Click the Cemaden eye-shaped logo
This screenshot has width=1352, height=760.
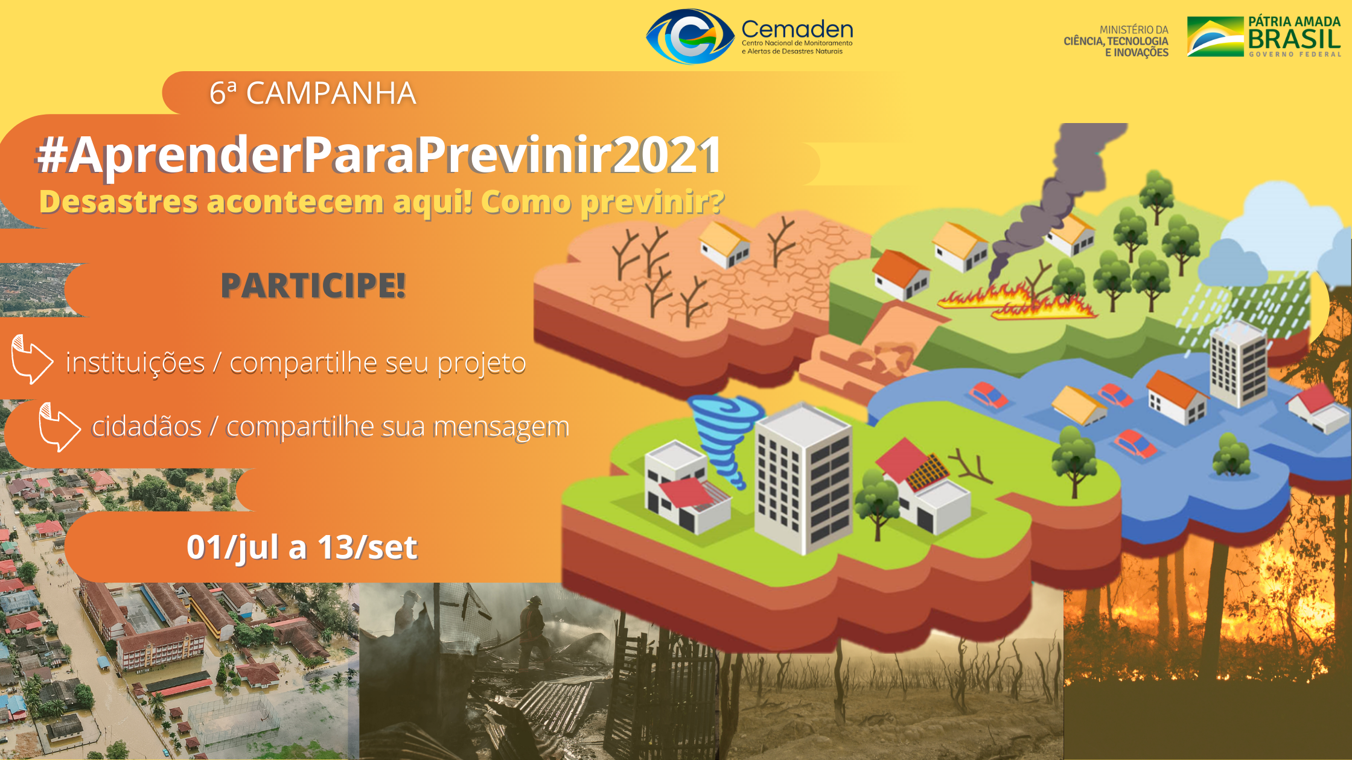(690, 36)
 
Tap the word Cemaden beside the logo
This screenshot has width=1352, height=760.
(797, 29)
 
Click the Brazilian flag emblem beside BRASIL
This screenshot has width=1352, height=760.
(1215, 36)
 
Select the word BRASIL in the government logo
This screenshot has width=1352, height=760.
(1294, 39)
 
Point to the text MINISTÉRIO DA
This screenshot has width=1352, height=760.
(1134, 30)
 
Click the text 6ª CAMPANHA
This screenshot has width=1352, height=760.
(313, 93)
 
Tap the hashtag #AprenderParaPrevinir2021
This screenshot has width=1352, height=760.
(378, 154)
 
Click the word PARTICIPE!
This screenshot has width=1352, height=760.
(313, 285)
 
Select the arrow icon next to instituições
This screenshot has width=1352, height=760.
(32, 359)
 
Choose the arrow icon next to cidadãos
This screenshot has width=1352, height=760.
(59, 427)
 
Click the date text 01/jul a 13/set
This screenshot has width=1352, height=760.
(302, 548)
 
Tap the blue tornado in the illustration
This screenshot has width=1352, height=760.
(724, 437)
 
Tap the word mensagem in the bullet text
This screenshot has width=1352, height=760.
(501, 428)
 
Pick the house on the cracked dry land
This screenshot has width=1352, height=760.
(724, 245)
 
